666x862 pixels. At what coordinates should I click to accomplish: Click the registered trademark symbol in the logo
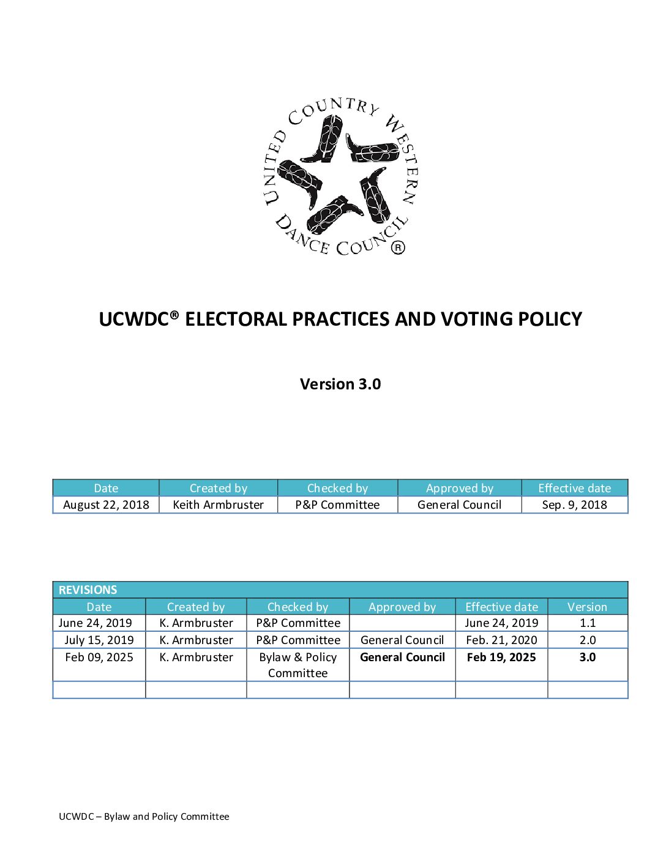[398, 247]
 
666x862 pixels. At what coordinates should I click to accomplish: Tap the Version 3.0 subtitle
[340, 384]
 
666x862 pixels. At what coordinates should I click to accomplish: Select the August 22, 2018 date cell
[106, 504]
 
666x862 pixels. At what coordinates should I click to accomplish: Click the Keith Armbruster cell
[218, 504]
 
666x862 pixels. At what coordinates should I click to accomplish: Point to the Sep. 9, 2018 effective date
[574, 504]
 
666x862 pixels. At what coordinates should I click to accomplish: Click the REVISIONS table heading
[88, 590]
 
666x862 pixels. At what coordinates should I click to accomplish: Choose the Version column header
[587, 607]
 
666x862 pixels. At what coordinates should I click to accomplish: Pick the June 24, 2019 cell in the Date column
[95, 623]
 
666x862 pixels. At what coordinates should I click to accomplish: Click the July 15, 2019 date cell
[99, 640]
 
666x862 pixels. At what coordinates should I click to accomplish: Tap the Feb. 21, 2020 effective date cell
[501, 640]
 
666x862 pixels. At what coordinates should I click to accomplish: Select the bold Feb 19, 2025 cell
[501, 657]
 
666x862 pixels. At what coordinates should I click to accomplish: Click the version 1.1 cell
[588, 623]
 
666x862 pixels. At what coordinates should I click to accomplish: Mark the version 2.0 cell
[588, 640]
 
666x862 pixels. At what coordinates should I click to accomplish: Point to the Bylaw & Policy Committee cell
[298, 665]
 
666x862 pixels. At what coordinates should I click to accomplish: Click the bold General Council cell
[402, 657]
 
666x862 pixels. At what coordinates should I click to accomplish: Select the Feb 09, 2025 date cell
[99, 657]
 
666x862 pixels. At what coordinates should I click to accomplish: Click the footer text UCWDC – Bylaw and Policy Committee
[144, 816]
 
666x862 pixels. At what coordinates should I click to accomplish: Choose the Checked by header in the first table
[337, 488]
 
